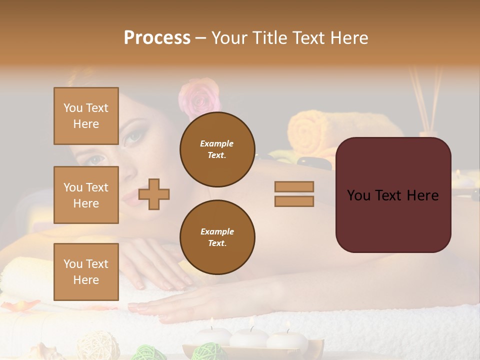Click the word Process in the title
tap(157, 38)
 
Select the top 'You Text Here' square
tap(86, 116)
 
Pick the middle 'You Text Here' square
tap(86, 195)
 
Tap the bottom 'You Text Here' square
tap(86, 271)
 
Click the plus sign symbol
tap(154, 194)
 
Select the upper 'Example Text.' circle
tap(217, 149)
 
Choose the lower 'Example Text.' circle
tap(217, 237)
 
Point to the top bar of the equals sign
tap(294, 186)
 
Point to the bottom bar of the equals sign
tap(294, 201)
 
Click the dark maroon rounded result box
tap(393, 194)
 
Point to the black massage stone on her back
tap(310, 161)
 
